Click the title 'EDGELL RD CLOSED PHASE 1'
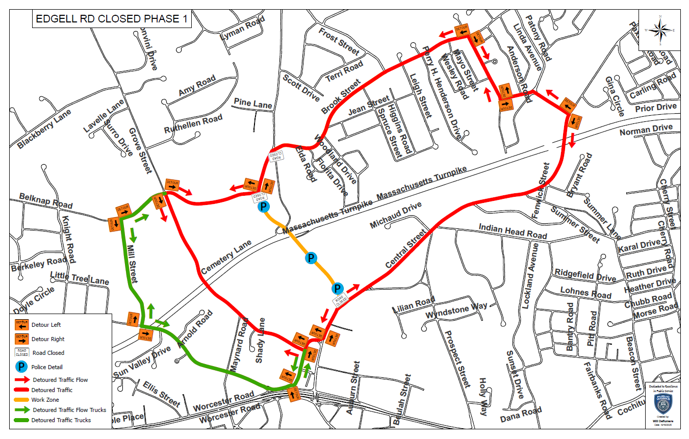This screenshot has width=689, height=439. (112, 19)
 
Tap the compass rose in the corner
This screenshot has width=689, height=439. (660, 31)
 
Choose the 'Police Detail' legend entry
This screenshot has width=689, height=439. (47, 367)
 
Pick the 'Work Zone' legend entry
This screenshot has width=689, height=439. (45, 400)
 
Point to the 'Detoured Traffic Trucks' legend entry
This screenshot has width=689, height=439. (61, 420)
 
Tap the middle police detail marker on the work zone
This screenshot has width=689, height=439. (311, 259)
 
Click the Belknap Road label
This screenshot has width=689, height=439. (46, 200)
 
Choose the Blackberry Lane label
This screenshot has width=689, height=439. (44, 130)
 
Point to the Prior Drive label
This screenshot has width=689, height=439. (655, 108)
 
